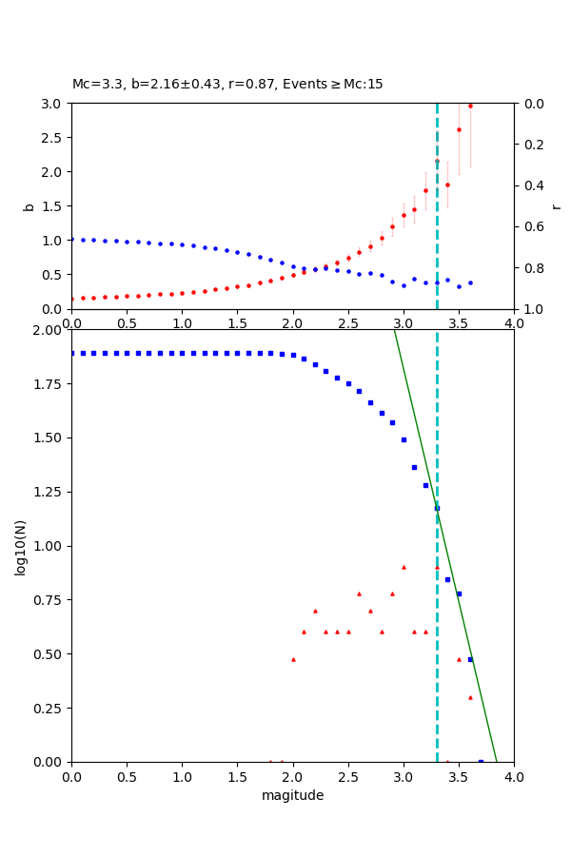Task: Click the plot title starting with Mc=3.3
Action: (x=227, y=85)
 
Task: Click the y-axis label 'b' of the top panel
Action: (x=29, y=206)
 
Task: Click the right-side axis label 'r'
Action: (x=557, y=206)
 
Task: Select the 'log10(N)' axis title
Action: (x=20, y=546)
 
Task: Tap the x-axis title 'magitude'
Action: (x=292, y=795)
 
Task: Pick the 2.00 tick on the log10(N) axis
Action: (x=47, y=330)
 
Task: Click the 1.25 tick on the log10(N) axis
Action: (x=47, y=492)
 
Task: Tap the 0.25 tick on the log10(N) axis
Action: (x=47, y=708)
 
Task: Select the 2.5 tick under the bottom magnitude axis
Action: (x=347, y=776)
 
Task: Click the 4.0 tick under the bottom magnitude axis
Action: (x=514, y=776)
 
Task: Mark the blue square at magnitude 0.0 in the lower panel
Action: (x=71, y=353)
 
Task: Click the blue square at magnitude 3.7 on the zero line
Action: (x=481, y=762)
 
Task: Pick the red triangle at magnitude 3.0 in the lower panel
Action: (x=404, y=567)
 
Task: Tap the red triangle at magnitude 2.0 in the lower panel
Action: (x=293, y=659)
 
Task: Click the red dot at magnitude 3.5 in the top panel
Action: (x=459, y=129)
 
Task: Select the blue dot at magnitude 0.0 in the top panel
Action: (x=71, y=239)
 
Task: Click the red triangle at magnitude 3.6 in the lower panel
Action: (x=470, y=697)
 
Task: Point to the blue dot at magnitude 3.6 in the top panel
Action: (x=470, y=282)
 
